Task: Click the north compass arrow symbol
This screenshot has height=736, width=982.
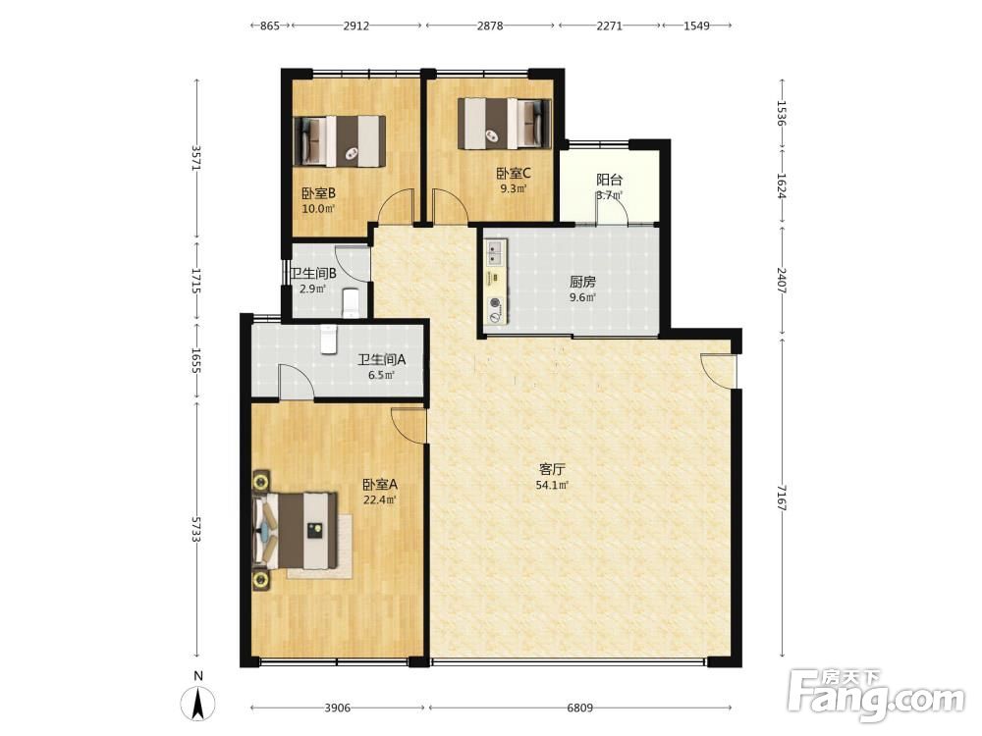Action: (x=198, y=703)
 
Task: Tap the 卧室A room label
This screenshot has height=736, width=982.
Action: (x=379, y=485)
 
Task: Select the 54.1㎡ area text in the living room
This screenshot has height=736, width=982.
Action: (x=552, y=485)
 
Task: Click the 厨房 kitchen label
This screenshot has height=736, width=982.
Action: (x=581, y=282)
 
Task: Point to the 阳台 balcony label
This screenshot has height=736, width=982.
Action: (x=609, y=180)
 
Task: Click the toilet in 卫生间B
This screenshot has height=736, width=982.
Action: (x=352, y=301)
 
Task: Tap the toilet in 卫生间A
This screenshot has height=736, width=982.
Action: (x=328, y=339)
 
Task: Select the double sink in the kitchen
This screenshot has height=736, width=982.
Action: (x=495, y=253)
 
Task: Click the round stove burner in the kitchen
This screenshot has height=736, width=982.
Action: (x=495, y=304)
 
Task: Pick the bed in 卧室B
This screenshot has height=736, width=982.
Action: (x=340, y=140)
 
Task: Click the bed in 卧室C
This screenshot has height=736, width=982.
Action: (x=505, y=124)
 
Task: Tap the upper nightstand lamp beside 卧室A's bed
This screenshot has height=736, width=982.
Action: (x=261, y=481)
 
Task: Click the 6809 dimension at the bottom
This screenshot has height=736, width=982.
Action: (x=579, y=708)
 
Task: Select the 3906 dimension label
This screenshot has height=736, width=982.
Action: (x=337, y=708)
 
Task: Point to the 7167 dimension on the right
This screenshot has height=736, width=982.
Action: (x=781, y=498)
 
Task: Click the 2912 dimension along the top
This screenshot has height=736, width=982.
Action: (x=355, y=26)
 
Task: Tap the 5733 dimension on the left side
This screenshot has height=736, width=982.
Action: (x=196, y=530)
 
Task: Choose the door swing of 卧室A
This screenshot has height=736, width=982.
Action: (x=409, y=426)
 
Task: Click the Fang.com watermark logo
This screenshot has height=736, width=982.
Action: (x=876, y=697)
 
